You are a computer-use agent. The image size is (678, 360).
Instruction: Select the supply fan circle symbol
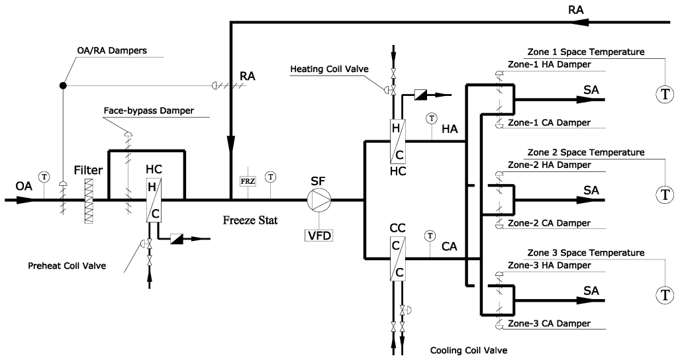tap(319, 199)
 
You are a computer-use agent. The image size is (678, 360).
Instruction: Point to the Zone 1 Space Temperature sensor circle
tap(663, 95)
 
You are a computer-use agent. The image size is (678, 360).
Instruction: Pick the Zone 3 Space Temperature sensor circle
tap(663, 293)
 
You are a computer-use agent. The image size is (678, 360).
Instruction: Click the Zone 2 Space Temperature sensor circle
tap(663, 194)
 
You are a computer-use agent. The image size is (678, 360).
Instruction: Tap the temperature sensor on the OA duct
tap(44, 177)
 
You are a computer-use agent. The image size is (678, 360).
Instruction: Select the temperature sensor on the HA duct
tap(431, 118)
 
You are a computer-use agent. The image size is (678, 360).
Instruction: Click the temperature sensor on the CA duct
tap(431, 236)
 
